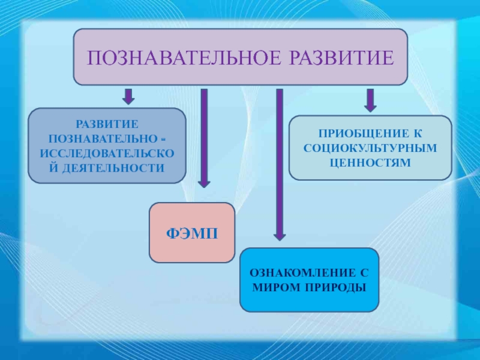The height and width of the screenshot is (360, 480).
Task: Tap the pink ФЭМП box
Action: [191, 233]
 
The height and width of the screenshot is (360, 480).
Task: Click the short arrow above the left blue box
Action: [128, 96]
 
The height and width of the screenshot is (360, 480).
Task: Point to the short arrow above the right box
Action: [370, 100]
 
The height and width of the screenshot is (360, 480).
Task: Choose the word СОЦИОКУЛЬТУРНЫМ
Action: [370, 148]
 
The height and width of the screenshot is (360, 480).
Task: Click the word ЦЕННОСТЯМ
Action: [370, 162]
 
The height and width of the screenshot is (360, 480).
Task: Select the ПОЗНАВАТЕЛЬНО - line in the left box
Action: [107, 139]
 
